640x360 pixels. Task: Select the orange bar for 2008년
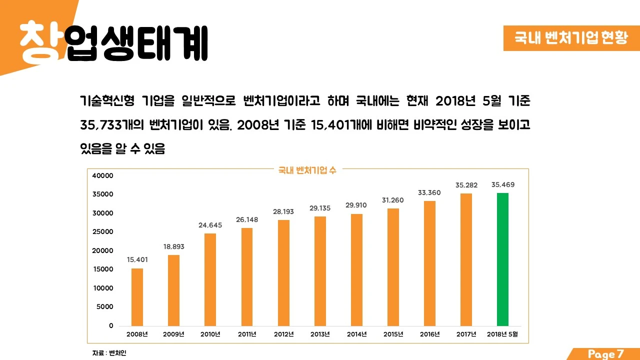[x=137, y=297]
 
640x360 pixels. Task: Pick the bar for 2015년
[x=393, y=267]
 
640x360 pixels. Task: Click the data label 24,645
[x=210, y=225]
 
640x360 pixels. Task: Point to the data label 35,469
[x=502, y=185]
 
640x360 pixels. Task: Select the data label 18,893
[x=173, y=246]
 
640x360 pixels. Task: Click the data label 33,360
[x=429, y=193]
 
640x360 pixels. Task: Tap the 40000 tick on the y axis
[x=103, y=176]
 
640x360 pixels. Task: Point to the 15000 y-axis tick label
[x=103, y=269]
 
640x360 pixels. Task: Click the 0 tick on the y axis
[x=111, y=326]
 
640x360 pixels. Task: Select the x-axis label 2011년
[x=247, y=334]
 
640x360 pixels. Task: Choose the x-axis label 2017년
[x=466, y=334]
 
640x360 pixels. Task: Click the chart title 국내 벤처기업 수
[x=307, y=170]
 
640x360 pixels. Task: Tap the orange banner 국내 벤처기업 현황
[x=571, y=38]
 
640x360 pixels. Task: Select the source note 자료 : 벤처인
[x=105, y=353]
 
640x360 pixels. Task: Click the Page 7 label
[x=606, y=354]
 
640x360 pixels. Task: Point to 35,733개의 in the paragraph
[x=112, y=125]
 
